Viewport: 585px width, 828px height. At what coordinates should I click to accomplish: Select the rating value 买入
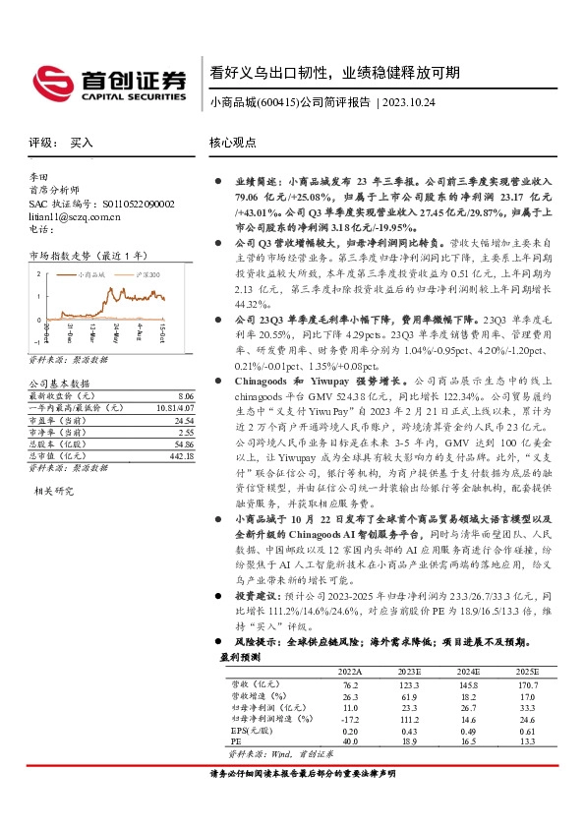coord(82,143)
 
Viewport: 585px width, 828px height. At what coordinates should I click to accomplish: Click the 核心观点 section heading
coord(233,143)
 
